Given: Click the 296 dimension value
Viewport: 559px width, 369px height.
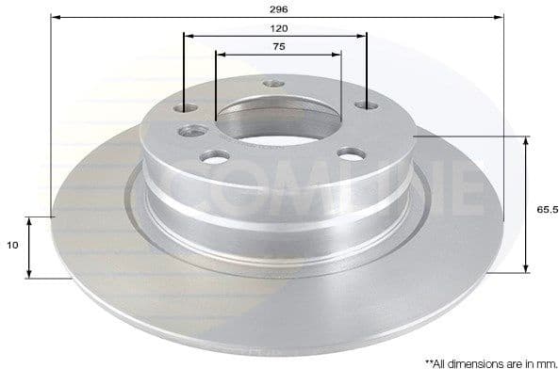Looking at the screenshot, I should point(278,8).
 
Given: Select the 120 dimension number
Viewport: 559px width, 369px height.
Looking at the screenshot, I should point(279,28).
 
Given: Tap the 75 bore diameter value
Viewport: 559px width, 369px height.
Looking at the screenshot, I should point(279,46).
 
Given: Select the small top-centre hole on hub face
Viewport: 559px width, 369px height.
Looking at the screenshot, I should point(274,83).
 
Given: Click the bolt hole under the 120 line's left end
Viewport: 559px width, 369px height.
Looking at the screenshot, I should point(186,108).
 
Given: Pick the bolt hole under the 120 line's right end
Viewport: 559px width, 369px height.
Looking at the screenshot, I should point(366,104).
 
